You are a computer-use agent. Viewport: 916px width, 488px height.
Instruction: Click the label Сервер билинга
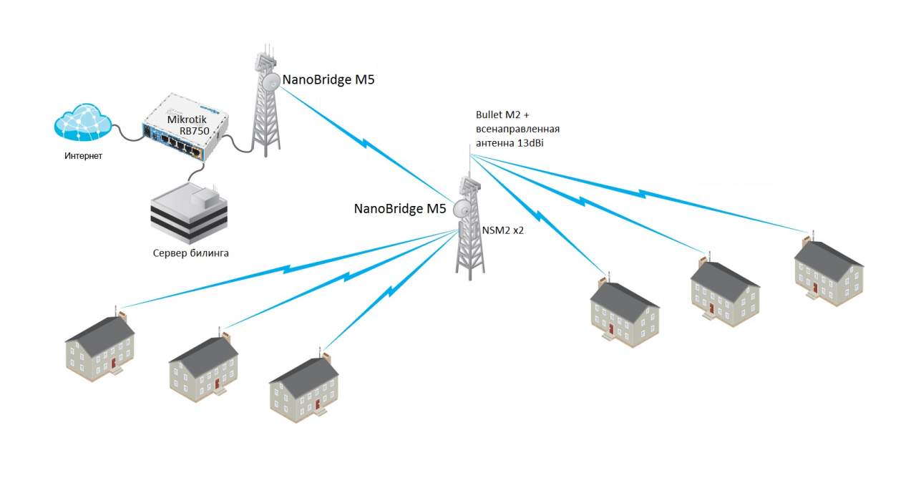(191, 253)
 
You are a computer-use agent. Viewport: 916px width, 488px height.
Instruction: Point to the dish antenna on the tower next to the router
(271, 82)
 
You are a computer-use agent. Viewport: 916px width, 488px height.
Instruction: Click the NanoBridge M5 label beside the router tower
(328, 80)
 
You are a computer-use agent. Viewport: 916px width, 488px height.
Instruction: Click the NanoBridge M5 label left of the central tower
(400, 209)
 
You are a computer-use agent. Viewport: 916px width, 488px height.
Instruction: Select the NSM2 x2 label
(504, 230)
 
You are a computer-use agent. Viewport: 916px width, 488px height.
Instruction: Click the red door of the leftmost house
(114, 366)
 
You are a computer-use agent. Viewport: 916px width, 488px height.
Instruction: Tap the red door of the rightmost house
(814, 288)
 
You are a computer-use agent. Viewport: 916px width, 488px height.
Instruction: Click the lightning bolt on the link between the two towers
(365, 145)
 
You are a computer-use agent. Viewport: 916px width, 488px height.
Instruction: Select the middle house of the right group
(724, 293)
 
